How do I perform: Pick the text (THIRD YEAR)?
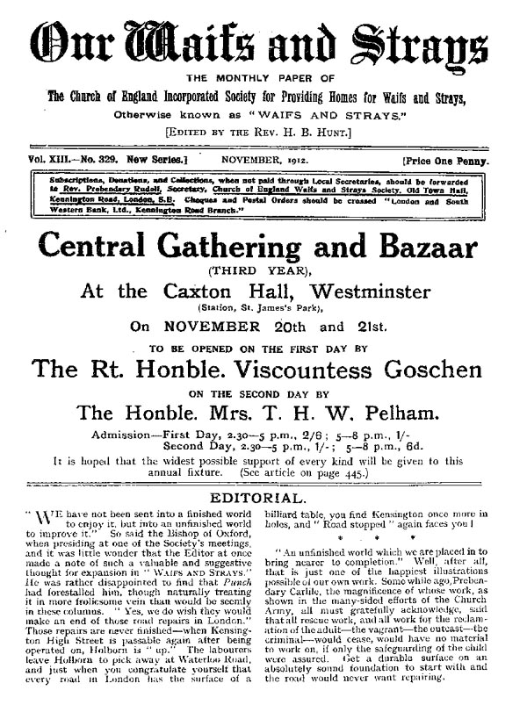(x=263, y=271)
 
